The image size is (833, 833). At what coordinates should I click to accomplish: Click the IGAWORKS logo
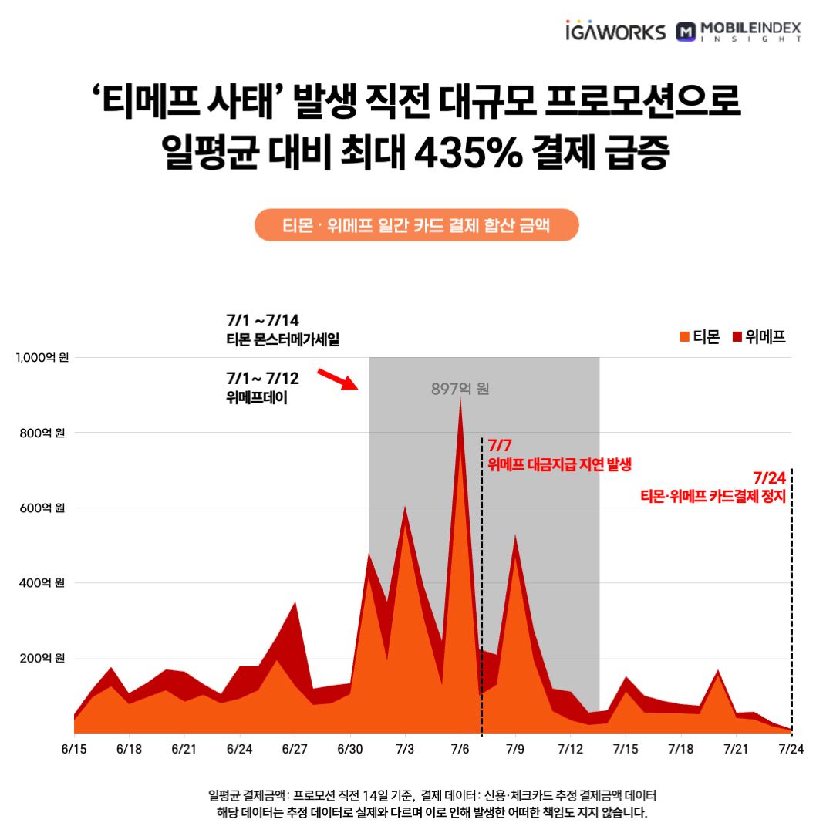pyautogui.click(x=614, y=32)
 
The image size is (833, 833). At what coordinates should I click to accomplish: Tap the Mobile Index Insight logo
pyautogui.click(x=738, y=32)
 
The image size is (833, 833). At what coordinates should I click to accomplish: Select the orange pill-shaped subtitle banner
pyautogui.click(x=416, y=225)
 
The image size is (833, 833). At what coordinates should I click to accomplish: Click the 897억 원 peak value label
pyautogui.click(x=460, y=389)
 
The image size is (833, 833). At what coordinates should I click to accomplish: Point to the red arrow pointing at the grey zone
pyautogui.click(x=338, y=379)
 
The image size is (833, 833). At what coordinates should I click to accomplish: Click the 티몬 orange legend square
pyautogui.click(x=683, y=336)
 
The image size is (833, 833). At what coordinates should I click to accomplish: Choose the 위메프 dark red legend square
pyautogui.click(x=737, y=336)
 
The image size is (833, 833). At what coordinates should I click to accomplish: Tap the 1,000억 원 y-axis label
pyautogui.click(x=43, y=358)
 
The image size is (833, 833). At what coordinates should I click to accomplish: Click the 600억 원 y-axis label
pyautogui.click(x=43, y=508)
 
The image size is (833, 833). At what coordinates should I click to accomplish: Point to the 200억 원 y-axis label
pyautogui.click(x=43, y=659)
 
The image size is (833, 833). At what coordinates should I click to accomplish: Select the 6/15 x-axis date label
pyautogui.click(x=74, y=750)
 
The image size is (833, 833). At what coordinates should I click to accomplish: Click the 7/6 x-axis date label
pyautogui.click(x=460, y=750)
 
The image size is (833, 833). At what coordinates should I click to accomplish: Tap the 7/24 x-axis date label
pyautogui.click(x=791, y=750)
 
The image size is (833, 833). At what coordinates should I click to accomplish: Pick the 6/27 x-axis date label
pyautogui.click(x=295, y=750)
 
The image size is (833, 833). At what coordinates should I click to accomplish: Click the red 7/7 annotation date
pyautogui.click(x=500, y=446)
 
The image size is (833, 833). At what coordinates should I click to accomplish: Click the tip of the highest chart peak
pyautogui.click(x=460, y=399)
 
